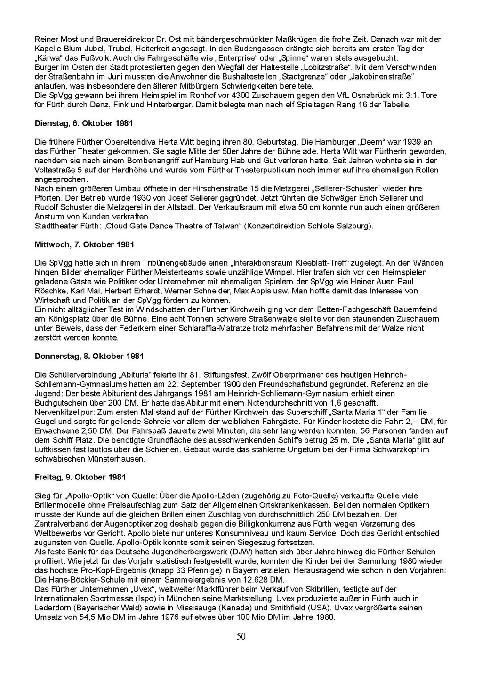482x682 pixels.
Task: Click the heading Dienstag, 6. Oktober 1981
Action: [x=84, y=123]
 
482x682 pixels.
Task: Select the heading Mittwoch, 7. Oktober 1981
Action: [x=85, y=244]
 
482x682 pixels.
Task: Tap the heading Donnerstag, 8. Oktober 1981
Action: [x=89, y=356]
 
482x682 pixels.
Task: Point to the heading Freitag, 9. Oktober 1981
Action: [x=80, y=477]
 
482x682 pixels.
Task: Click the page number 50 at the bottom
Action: [x=241, y=637]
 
